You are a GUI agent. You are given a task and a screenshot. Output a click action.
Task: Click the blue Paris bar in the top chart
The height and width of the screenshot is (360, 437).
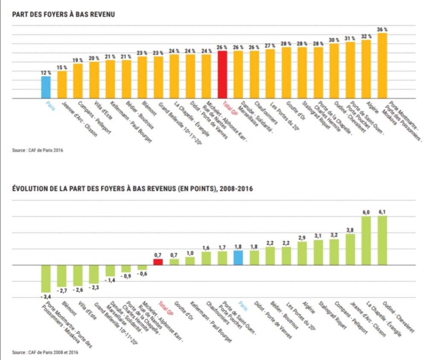(46, 87)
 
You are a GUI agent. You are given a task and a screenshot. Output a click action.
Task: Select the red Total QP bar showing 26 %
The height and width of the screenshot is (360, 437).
(222, 75)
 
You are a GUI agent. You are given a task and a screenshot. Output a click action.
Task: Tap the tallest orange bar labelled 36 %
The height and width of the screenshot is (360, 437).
(382, 66)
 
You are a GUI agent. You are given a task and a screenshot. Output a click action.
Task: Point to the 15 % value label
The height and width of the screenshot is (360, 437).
(62, 67)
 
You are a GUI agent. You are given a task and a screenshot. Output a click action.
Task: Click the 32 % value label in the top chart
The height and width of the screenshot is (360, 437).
(366, 36)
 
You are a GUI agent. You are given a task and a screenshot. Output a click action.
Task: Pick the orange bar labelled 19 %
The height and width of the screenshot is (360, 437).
(78, 81)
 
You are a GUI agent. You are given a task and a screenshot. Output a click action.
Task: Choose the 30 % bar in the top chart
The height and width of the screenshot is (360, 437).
(334, 71)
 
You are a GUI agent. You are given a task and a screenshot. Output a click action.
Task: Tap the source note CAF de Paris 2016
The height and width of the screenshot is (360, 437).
(38, 150)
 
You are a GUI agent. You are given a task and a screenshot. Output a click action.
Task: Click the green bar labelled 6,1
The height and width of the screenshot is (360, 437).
(382, 240)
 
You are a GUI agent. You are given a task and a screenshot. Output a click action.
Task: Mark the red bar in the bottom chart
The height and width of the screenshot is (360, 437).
(158, 261)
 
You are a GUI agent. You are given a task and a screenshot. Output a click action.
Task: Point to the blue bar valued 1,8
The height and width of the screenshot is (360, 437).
(238, 258)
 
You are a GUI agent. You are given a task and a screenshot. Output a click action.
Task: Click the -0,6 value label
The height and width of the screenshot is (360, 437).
(142, 274)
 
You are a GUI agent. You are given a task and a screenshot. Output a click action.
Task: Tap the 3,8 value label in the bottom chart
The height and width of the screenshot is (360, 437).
(350, 230)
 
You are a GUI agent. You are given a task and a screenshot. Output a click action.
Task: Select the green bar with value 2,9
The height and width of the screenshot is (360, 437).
(302, 253)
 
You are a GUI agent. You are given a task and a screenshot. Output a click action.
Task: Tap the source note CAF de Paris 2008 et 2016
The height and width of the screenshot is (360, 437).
(45, 352)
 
